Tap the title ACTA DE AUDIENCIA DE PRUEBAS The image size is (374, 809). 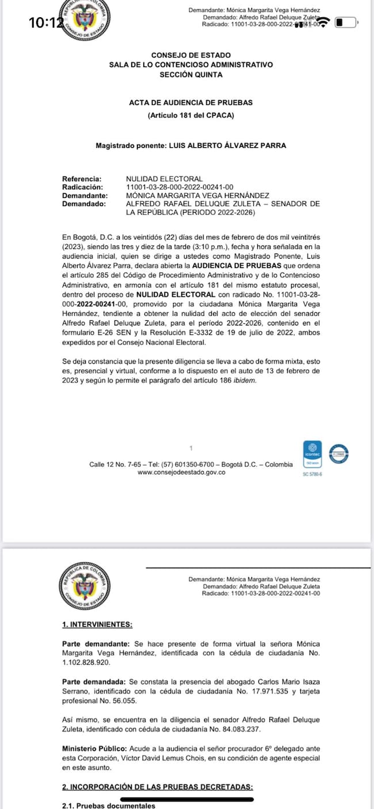[190, 102]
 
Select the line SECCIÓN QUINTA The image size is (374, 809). [190, 75]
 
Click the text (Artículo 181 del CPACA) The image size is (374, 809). [190, 116]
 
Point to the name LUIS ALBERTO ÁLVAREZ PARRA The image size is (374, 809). [227, 146]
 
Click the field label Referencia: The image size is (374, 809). [82, 179]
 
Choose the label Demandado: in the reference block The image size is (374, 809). [84, 204]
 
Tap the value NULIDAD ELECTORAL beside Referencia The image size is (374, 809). [164, 179]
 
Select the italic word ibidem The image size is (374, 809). [245, 381]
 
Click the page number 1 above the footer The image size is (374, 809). [190, 448]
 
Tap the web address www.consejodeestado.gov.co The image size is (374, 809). [181, 472]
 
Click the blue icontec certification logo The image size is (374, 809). [312, 454]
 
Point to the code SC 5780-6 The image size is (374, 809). [312, 474]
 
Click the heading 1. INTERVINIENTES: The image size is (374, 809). [97, 624]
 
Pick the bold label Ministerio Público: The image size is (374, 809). [94, 749]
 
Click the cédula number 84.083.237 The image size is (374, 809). [236, 730]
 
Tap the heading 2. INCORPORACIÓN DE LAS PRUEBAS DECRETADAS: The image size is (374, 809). [157, 787]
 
